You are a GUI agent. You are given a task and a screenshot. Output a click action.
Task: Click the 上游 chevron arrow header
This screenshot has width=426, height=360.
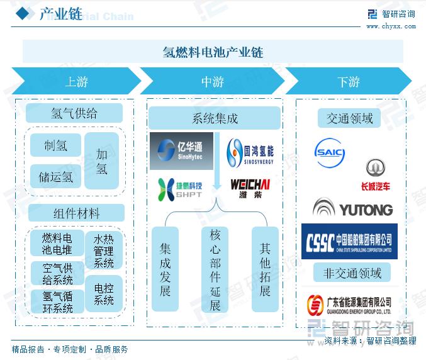coord(76,82)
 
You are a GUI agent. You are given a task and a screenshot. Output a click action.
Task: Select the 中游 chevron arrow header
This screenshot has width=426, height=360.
coord(213,82)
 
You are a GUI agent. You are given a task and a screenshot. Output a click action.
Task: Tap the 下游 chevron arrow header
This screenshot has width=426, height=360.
coord(348,82)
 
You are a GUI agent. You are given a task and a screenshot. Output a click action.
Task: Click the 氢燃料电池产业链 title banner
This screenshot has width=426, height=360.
coord(213,52)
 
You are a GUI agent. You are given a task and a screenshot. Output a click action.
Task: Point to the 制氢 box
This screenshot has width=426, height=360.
coord(55,146)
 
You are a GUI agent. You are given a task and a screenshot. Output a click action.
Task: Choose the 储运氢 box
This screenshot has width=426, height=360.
coord(55,177)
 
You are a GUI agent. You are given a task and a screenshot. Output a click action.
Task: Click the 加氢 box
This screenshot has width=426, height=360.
coord(102,161)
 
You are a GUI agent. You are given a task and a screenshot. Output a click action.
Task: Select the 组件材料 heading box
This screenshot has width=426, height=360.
coord(76,213)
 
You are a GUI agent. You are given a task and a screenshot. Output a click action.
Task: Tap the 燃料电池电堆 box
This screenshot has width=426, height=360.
coord(57,244)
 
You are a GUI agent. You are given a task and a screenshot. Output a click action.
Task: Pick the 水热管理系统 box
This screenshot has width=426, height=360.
coord(104,250)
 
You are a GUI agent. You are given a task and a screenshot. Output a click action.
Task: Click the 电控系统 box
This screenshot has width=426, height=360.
coord(104,294)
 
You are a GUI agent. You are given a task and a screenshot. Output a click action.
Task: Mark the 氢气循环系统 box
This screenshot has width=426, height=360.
coord(57,301)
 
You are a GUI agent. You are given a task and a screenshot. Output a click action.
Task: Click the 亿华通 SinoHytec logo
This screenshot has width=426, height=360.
coord(181,151)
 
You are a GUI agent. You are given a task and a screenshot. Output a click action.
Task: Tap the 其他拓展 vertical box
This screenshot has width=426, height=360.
coord(265,269)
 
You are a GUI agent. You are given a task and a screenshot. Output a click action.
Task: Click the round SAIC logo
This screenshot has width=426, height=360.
coord(330,154)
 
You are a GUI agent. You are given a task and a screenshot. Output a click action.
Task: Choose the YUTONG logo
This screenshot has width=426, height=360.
coord(352,208)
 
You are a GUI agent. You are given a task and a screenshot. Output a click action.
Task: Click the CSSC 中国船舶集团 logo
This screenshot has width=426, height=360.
coord(349,241)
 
